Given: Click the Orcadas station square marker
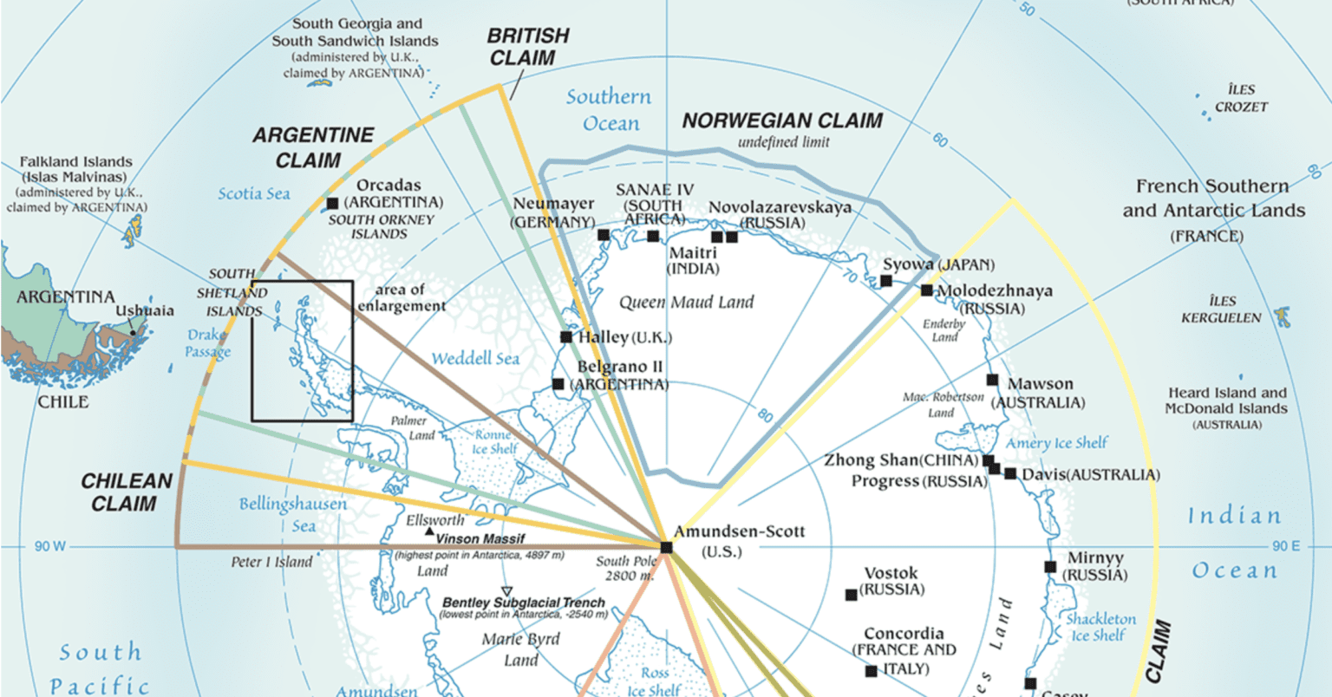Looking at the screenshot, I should pos(332,204).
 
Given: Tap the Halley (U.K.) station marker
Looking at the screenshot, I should pos(566,336).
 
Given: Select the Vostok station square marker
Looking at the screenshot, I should pos(852,595).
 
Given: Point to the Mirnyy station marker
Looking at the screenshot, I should pos(1050,567).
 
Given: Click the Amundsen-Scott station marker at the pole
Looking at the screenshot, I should pos(666,547).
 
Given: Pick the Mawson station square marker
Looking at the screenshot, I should pos(992,380).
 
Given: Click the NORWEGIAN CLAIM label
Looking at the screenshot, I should pos(782,121).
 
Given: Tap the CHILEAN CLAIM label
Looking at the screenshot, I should pos(127,492).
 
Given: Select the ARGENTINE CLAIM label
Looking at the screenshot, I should pos(313,147).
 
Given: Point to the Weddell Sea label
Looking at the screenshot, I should pos(475,358).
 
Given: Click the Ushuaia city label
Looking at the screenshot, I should pos(145,310).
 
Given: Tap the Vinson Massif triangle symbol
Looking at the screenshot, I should pos(429,530).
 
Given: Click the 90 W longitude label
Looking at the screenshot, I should pos(50,547).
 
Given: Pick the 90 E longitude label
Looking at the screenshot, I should pos(1286,547).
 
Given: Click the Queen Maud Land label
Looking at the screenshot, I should pos(686,303).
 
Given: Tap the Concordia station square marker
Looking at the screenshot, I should pos(872,671).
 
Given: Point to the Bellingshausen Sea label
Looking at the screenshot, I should pos(293,515).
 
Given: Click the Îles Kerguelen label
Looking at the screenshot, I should pos(1221,309).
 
